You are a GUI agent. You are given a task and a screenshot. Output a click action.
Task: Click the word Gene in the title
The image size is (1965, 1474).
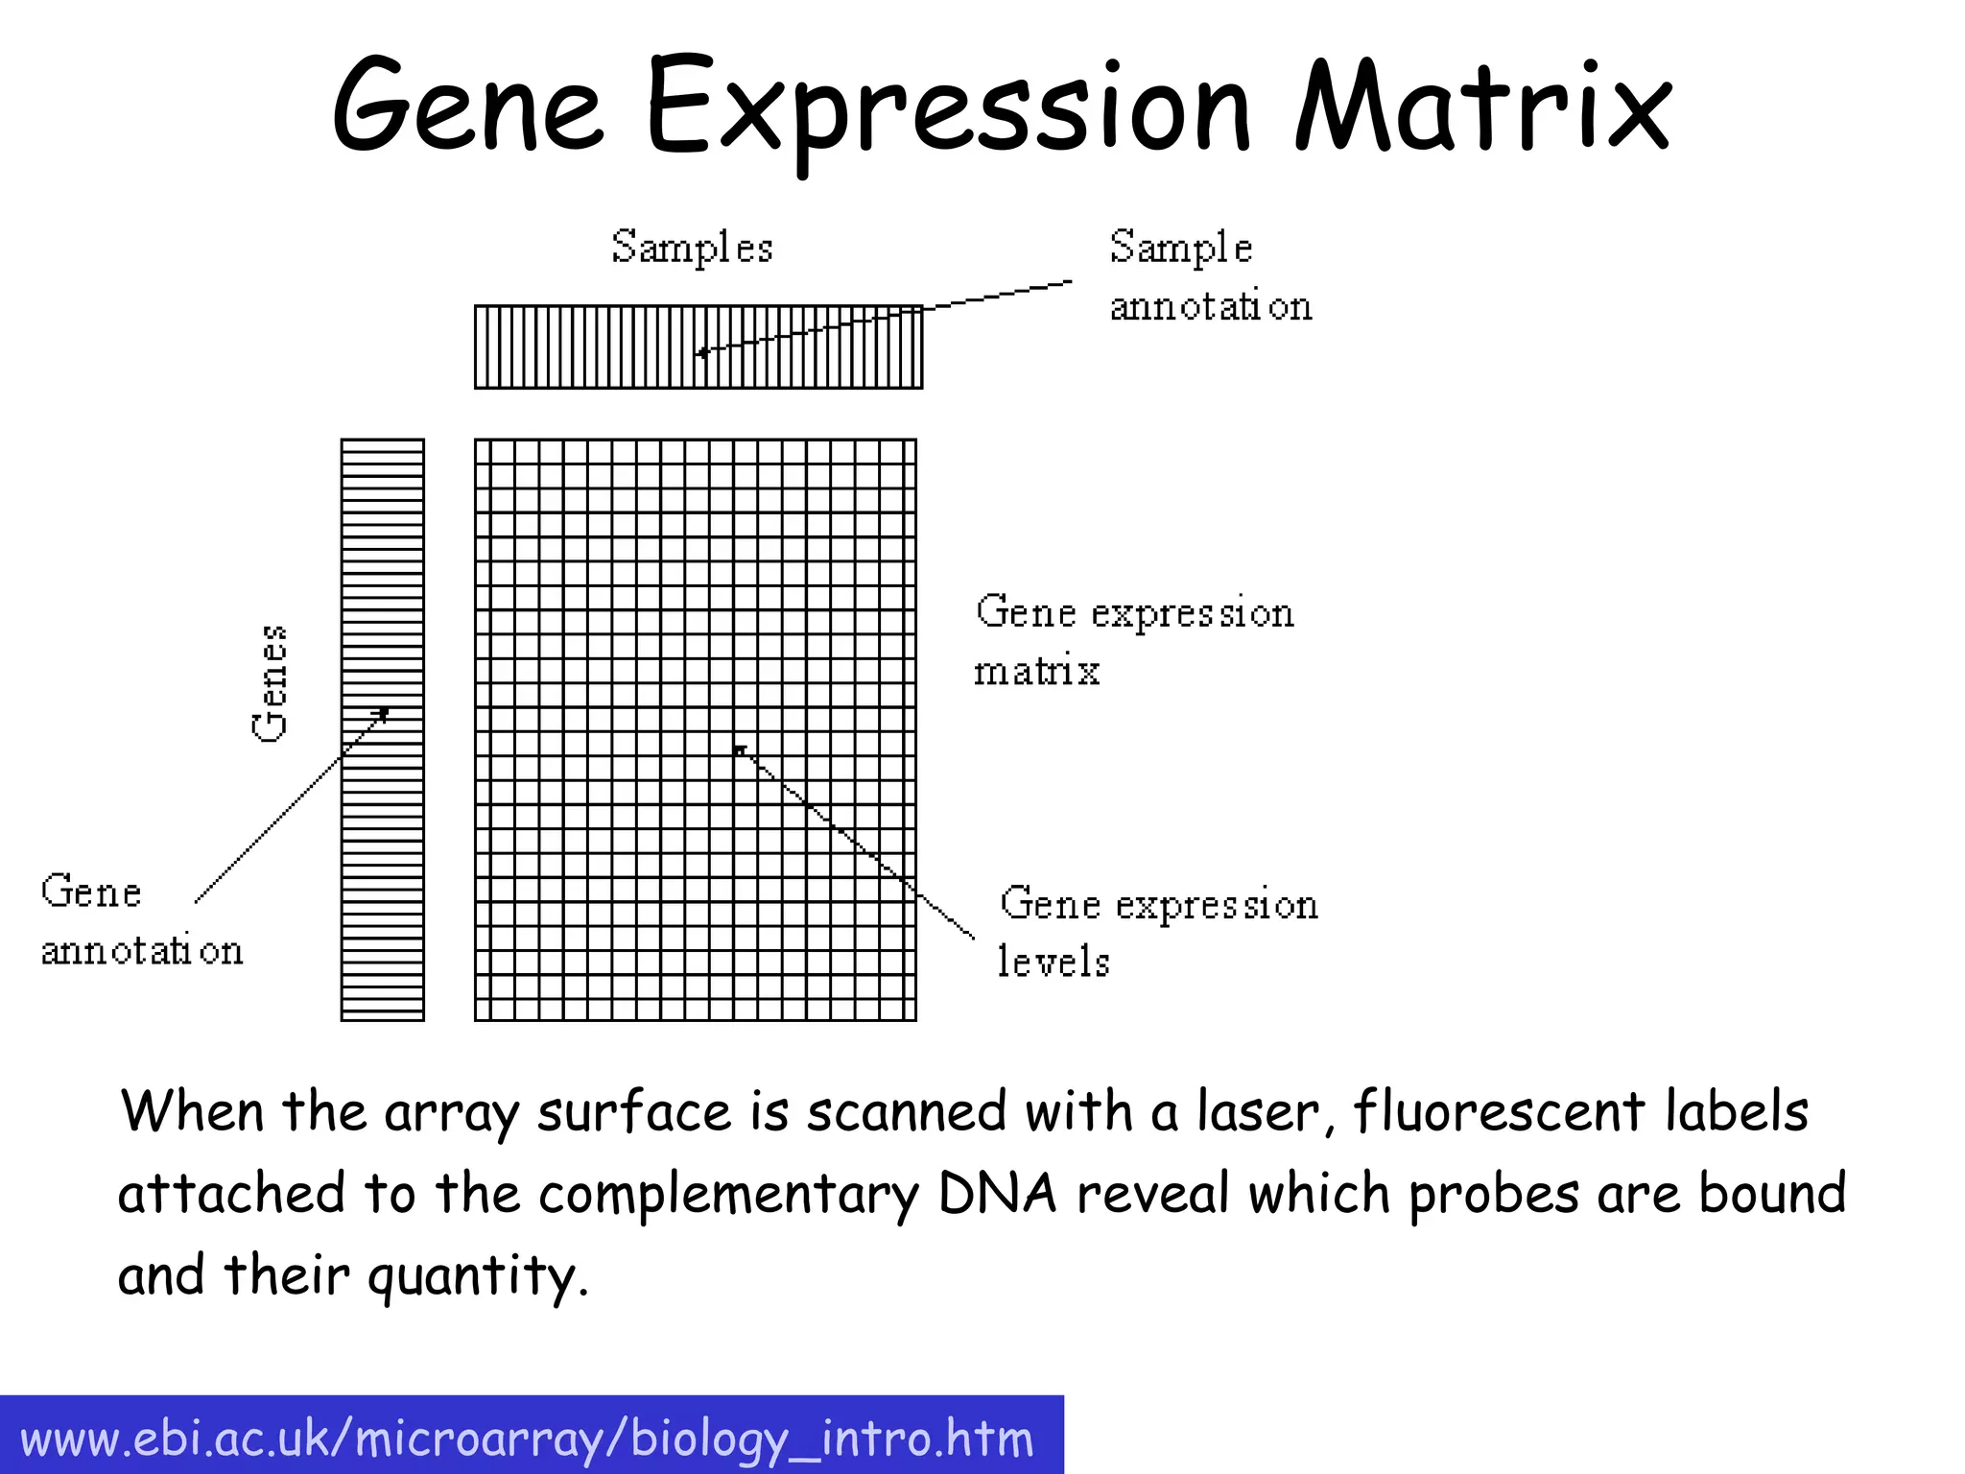pos(467,106)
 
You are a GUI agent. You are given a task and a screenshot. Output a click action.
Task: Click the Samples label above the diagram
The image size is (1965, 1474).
pos(692,248)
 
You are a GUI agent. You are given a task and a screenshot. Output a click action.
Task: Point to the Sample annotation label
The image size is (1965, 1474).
pos(1209,276)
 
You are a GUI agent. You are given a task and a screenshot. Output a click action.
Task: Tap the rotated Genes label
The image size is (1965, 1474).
pos(270,682)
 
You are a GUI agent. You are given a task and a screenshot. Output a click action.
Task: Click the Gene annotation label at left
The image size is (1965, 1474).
pos(141,920)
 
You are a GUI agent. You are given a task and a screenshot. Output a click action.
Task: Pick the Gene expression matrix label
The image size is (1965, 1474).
pos(1134,640)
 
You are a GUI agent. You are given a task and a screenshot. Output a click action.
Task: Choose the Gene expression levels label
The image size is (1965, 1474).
pos(1158,932)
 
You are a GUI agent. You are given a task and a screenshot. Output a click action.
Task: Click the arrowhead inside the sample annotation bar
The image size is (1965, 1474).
pos(702,353)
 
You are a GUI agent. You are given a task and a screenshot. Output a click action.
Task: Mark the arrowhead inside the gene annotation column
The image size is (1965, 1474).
pos(384,712)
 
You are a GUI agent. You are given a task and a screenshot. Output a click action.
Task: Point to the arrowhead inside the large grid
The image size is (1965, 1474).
pos(739,749)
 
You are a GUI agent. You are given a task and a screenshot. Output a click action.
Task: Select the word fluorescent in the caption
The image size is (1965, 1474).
pos(1500,1113)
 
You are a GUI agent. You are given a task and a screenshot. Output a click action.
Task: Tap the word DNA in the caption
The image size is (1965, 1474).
pos(998,1195)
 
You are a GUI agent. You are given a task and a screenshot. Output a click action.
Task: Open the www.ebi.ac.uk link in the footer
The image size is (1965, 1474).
pos(527,1439)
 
